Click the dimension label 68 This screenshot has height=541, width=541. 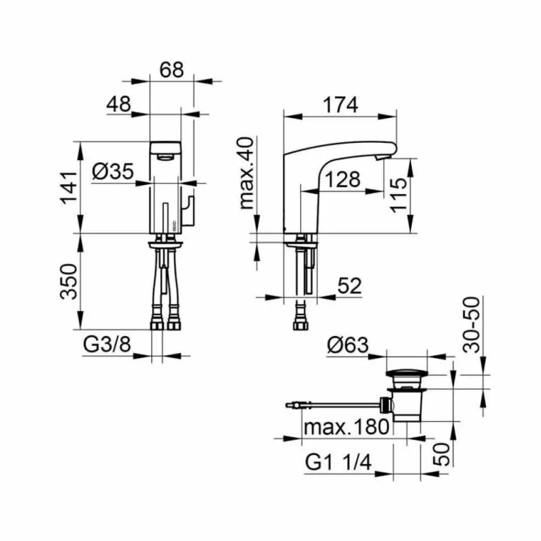[171, 69]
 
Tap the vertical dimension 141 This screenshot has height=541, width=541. [69, 187]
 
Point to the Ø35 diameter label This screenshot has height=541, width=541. [113, 171]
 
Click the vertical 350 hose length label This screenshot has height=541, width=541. [69, 281]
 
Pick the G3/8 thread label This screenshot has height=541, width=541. [107, 345]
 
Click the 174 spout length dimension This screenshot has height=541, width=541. [341, 105]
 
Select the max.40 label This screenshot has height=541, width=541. [247, 173]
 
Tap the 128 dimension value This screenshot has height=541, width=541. [343, 179]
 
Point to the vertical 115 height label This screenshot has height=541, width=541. [399, 195]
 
